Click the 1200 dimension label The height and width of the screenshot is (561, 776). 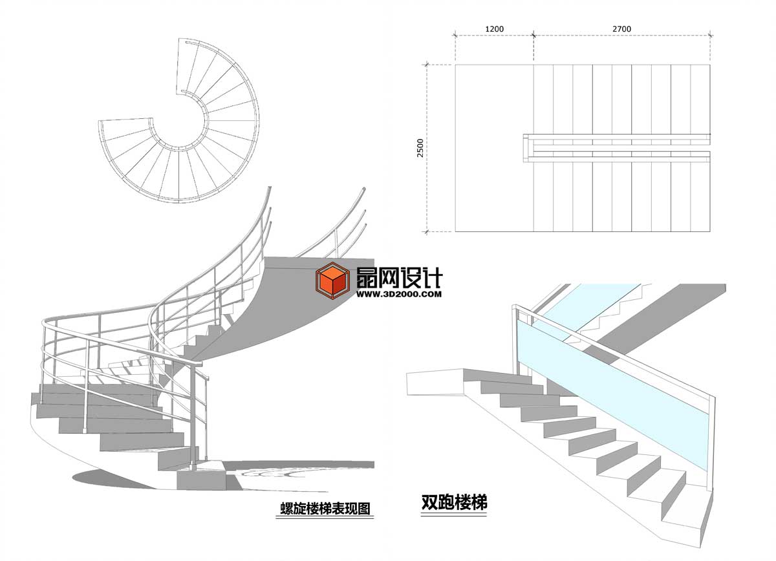coord(494,29)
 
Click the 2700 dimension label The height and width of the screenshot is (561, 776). coord(622,29)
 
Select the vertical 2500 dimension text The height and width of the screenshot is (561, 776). coord(420,148)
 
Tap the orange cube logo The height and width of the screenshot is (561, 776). coord(332,281)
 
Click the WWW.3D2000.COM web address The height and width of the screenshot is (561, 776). coord(399,294)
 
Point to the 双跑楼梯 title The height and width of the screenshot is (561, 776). coord(454,502)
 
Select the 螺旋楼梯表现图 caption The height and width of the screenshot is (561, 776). coord(325,509)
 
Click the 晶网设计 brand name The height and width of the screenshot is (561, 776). coord(400,279)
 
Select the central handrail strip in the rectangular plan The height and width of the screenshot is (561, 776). coord(617,148)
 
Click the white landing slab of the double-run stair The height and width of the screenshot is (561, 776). coord(435,383)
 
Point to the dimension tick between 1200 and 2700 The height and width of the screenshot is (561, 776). coord(533,35)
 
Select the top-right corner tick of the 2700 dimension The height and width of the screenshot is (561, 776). coord(710,35)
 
